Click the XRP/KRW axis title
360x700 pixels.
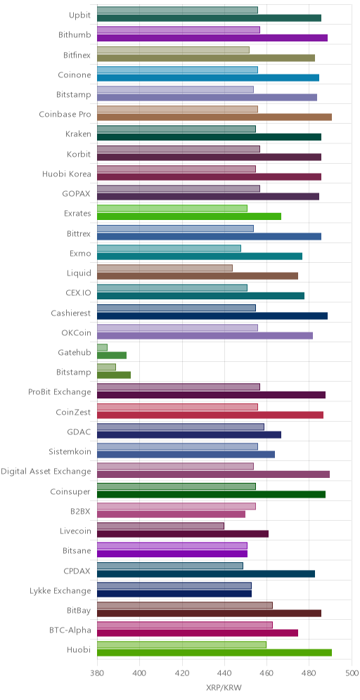(224, 688)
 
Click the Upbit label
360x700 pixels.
(79, 15)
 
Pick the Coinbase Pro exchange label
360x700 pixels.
(65, 115)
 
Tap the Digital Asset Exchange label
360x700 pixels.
(46, 472)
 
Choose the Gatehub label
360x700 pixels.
(74, 353)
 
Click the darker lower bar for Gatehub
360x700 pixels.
(112, 356)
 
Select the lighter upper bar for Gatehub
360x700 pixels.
(102, 347)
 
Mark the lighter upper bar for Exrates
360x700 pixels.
(172, 209)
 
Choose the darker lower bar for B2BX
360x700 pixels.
(171, 514)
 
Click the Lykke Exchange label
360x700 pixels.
(63, 590)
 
